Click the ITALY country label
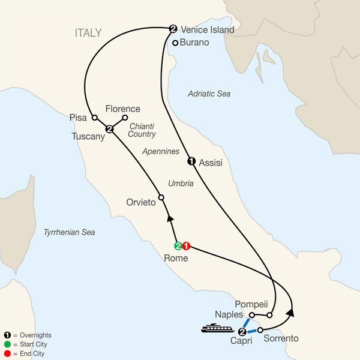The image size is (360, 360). click(x=88, y=33)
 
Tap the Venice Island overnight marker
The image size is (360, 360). click(x=173, y=28)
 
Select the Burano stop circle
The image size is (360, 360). click(x=175, y=43)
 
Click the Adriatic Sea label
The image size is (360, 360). click(x=208, y=94)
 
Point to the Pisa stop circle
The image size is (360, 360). click(x=94, y=118)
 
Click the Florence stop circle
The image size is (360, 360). click(x=125, y=118)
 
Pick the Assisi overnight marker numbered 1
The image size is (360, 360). click(x=191, y=161)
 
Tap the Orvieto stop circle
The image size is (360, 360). click(x=161, y=197)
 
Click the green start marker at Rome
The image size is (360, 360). click(x=178, y=246)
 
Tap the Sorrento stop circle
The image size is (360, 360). click(x=260, y=329)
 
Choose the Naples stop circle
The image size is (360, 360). click(x=252, y=314)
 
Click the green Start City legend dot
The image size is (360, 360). click(x=5, y=344)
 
